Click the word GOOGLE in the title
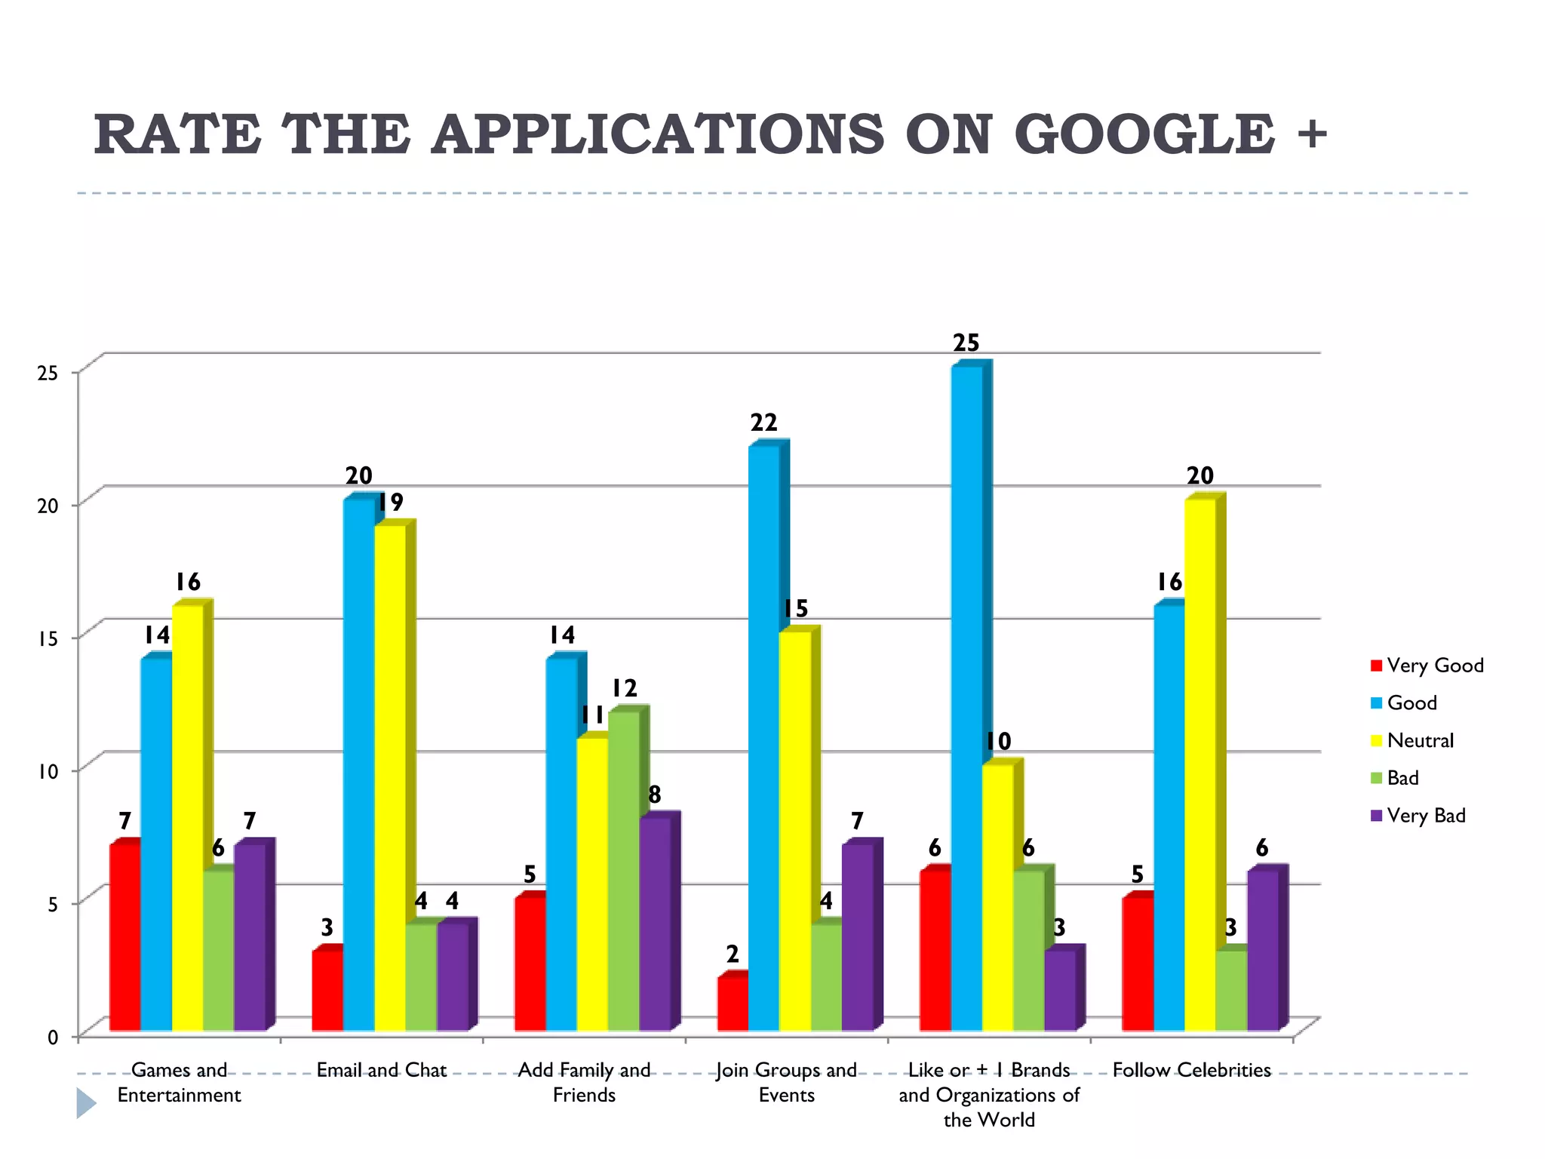[1144, 134]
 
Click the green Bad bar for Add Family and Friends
[624, 871]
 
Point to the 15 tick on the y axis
[47, 638]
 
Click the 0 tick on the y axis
[53, 1038]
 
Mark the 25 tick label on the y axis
[47, 373]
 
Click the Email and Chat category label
[382, 1070]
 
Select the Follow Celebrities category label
[1191, 1070]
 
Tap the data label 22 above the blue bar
[763, 423]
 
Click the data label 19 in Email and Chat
[390, 503]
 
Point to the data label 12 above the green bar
[624, 688]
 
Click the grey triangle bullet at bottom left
[86, 1103]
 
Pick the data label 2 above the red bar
[733, 955]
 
